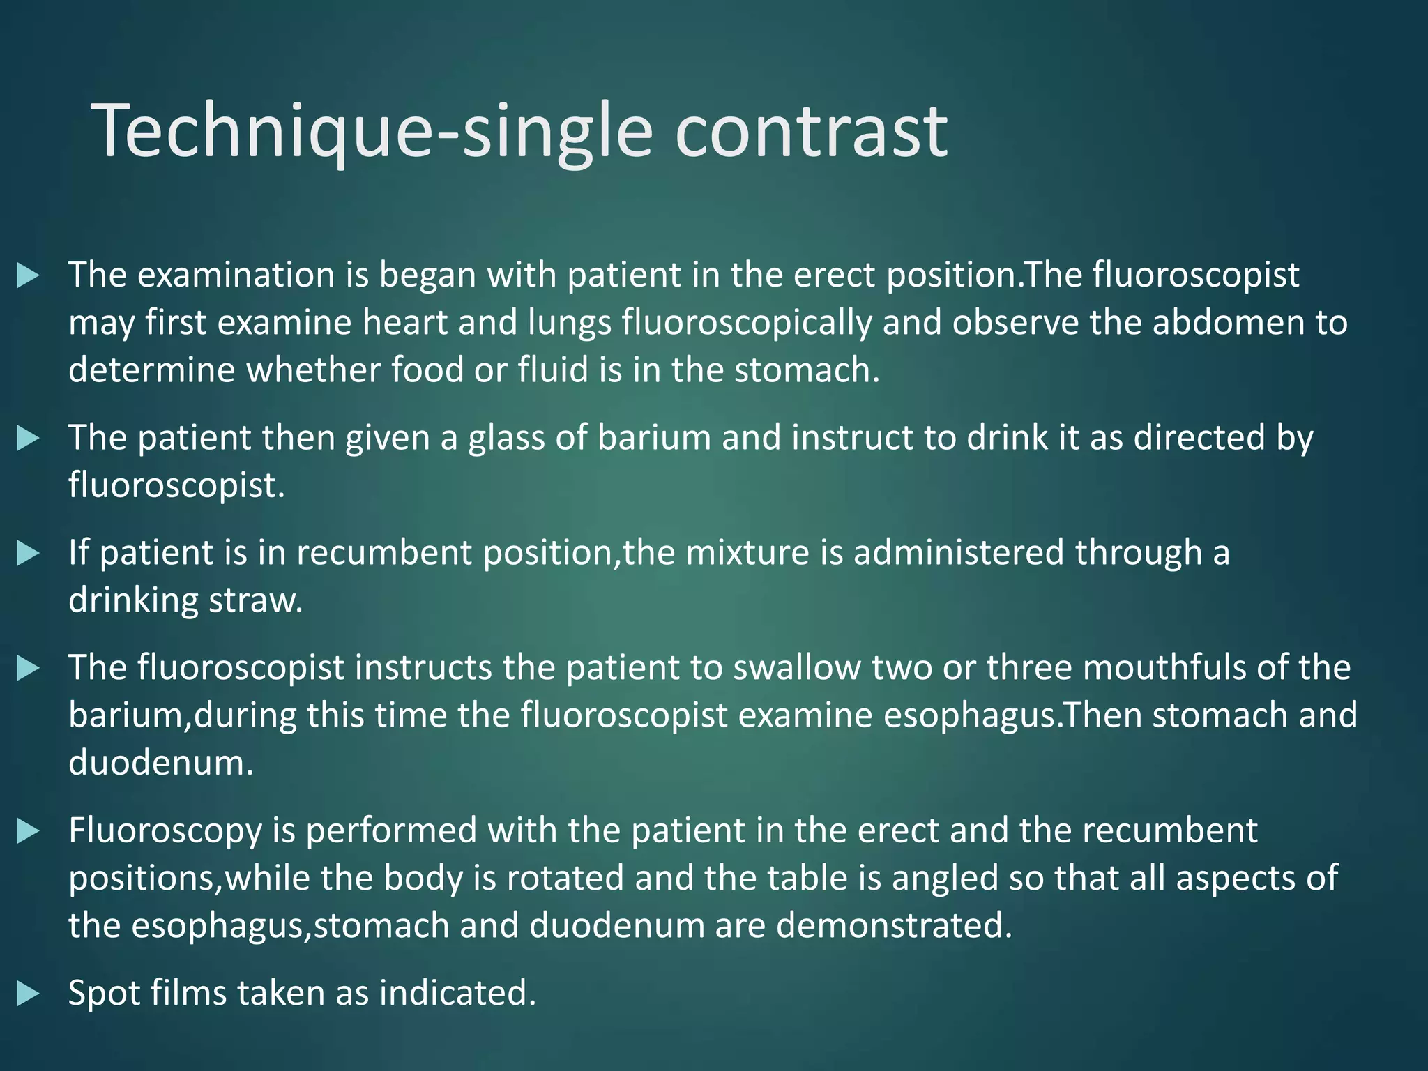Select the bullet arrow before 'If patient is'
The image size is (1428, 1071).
click(x=28, y=554)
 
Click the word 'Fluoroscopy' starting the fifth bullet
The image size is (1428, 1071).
click(x=165, y=831)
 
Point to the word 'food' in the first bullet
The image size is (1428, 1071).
click(x=427, y=370)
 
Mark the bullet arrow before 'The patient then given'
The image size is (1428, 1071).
click(x=28, y=439)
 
